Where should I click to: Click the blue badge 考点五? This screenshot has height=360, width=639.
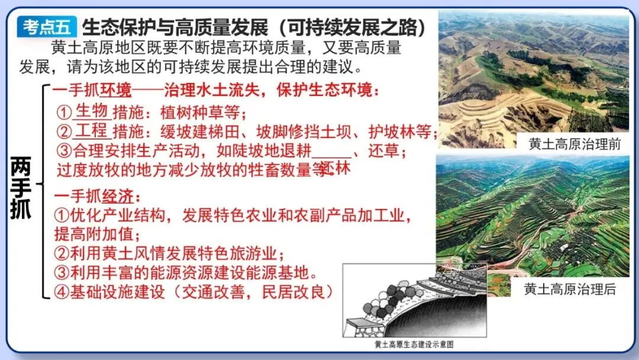47,27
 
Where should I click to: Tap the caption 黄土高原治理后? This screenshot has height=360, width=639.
570,290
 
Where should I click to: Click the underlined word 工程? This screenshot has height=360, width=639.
92,130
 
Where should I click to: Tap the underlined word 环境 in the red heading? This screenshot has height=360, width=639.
115,91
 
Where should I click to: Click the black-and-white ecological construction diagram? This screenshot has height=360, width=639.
414,302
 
